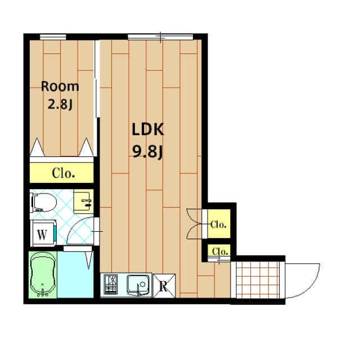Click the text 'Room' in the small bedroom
[60, 87]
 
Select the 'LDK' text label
[147, 130]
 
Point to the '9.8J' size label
[147, 151]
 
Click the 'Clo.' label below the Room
[63, 173]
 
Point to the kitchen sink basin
[137, 284]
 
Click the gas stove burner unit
[110, 284]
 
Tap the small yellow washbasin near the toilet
[85, 201]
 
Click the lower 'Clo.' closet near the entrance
[219, 251]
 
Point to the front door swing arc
[304, 281]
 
